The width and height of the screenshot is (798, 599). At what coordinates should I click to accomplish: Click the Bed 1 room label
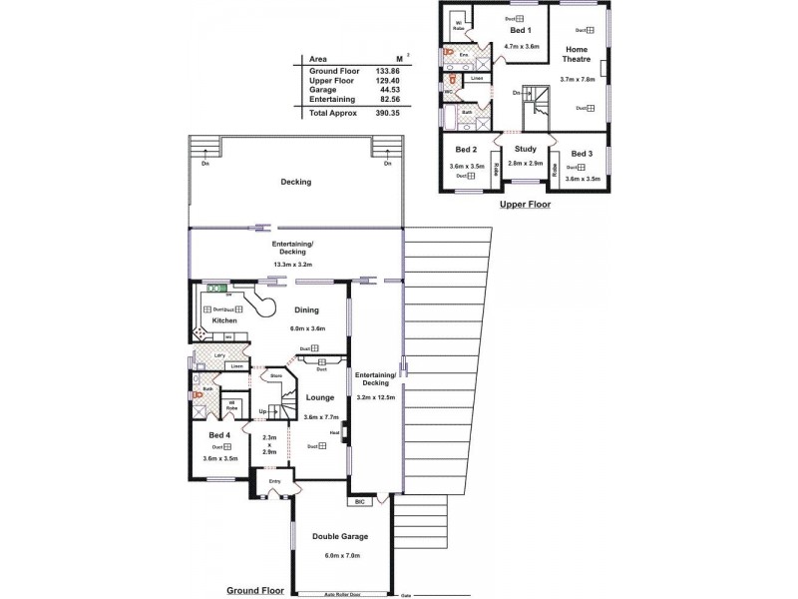[521, 31]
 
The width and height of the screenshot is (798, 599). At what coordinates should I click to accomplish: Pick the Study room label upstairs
[526, 150]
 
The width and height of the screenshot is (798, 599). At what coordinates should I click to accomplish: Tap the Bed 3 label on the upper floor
[583, 153]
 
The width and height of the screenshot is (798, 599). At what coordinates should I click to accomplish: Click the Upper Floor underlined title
[525, 204]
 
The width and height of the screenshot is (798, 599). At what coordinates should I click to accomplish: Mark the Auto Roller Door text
[341, 593]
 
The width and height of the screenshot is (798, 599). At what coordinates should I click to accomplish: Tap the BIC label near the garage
[359, 502]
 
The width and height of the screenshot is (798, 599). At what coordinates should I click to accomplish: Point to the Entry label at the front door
[274, 481]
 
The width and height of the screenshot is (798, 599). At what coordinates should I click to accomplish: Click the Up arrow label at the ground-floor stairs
[262, 410]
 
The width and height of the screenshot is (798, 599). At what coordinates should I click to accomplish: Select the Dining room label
[306, 310]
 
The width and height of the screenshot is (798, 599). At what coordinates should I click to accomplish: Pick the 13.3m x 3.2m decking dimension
[292, 265]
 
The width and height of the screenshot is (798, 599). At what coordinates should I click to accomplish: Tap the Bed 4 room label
[219, 436]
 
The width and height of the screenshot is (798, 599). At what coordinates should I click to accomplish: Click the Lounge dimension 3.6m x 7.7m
[320, 417]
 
